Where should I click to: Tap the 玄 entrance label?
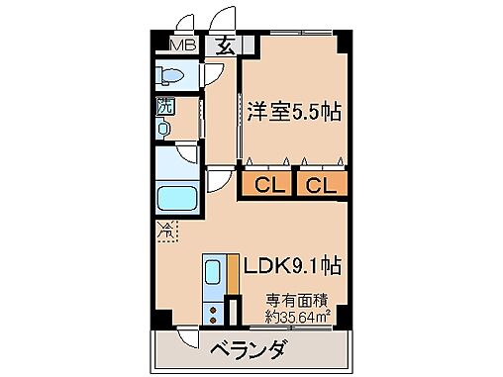coord(223,45)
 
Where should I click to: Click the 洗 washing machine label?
coord(160,109)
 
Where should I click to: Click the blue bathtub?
coord(178,198)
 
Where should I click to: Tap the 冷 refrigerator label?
coord(165,234)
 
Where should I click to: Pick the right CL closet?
coord(320,184)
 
